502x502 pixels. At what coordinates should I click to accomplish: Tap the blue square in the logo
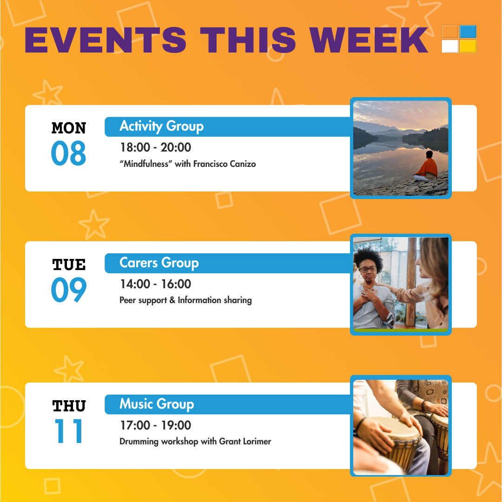point(468,32)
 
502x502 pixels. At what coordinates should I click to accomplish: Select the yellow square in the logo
point(468,46)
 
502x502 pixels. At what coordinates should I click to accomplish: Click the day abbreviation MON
point(68,128)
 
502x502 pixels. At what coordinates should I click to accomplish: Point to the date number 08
point(68,153)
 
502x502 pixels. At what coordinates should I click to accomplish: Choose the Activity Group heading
point(161,126)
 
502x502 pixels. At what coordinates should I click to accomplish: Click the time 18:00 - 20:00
point(156,147)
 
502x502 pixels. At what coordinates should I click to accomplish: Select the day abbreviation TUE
point(69,265)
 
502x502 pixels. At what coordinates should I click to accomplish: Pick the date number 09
point(69,290)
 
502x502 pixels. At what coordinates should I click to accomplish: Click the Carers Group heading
point(159,263)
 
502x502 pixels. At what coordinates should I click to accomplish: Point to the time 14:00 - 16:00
point(156,284)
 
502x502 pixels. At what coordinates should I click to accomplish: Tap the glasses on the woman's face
point(368,269)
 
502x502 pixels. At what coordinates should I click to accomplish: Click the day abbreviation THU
point(69,406)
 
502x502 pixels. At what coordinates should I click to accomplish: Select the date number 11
point(69,431)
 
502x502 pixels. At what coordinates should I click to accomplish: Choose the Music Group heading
point(157,404)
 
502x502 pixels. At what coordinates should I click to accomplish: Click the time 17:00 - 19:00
point(156,425)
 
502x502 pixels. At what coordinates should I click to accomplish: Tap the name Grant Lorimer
point(245,442)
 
